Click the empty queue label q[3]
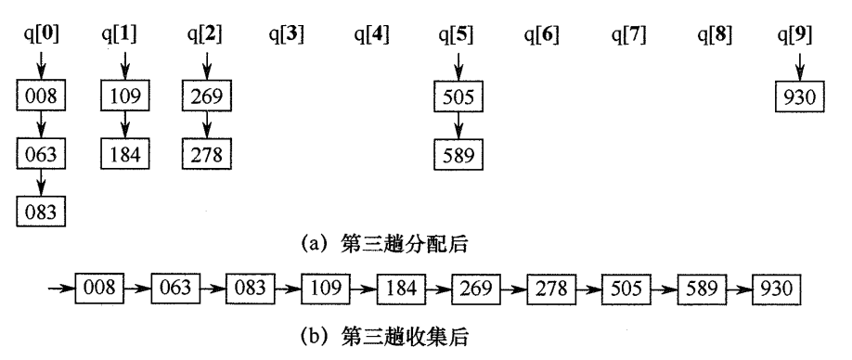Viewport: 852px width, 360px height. coord(287,36)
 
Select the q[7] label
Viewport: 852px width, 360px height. coord(630,36)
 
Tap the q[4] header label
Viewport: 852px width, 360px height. coord(371,36)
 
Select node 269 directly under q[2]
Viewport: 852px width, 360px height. coord(208,95)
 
